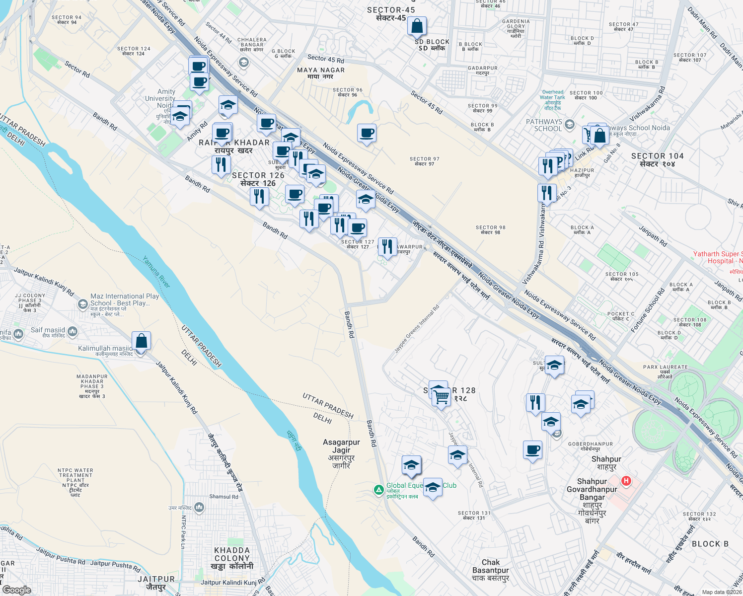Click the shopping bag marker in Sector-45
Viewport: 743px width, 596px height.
pyautogui.click(x=417, y=26)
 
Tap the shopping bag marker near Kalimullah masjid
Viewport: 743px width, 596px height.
pyautogui.click(x=141, y=341)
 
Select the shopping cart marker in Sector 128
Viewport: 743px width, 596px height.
pyautogui.click(x=441, y=397)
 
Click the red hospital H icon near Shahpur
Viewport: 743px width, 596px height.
pyautogui.click(x=626, y=480)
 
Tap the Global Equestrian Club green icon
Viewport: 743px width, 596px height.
pyautogui.click(x=378, y=490)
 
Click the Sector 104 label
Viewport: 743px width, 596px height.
pyautogui.click(x=657, y=159)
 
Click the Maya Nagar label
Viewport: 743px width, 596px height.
pyautogui.click(x=321, y=73)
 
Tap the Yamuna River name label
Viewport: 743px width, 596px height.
pyautogui.click(x=157, y=272)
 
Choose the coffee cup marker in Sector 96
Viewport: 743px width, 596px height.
pyautogui.click(x=367, y=133)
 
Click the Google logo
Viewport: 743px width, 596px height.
pyautogui.click(x=16, y=590)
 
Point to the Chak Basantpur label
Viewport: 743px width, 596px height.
pyautogui.click(x=490, y=570)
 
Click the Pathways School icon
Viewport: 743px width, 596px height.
pyautogui.click(x=570, y=124)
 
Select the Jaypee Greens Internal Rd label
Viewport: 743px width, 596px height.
pyautogui.click(x=417, y=329)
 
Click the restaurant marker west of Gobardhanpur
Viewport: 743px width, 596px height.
pyautogui.click(x=535, y=402)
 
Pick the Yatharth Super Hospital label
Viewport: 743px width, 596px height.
pyautogui.click(x=717, y=257)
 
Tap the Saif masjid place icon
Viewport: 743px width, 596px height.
pyautogui.click(x=73, y=331)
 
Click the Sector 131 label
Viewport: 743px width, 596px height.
pyautogui.click(x=474, y=516)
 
